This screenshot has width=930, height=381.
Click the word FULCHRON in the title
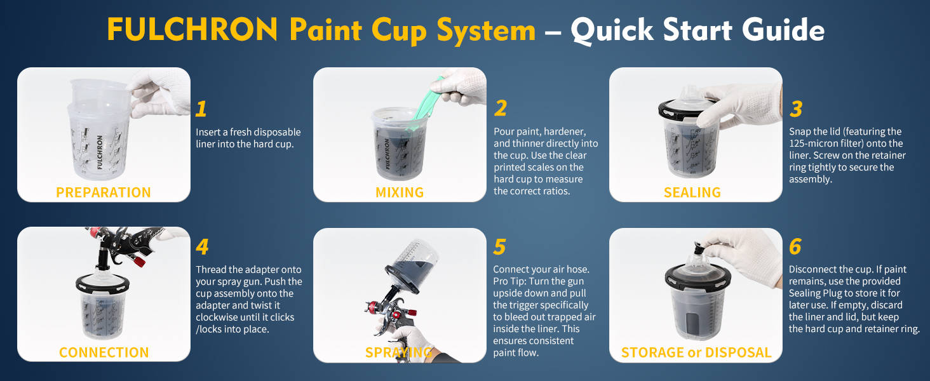pos(192,29)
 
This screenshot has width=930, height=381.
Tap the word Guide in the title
pos(783,30)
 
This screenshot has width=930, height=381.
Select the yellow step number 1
pos(201,109)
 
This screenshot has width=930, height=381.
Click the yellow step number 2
pos(501,109)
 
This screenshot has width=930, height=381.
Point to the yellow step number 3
pos(796,109)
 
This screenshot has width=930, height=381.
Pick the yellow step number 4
pos(202,246)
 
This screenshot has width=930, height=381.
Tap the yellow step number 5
pos(499,247)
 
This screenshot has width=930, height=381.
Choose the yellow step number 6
pos(795,246)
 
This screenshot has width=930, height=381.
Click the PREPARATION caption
pos(104,192)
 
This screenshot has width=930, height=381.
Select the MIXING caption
pos(400,192)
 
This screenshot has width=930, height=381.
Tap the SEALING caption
pos(692,192)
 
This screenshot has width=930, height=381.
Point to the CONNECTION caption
pos(104,352)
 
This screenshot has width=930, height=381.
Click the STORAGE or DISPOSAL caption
pos(696,352)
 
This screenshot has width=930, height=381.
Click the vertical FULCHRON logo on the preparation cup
pos(100,152)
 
